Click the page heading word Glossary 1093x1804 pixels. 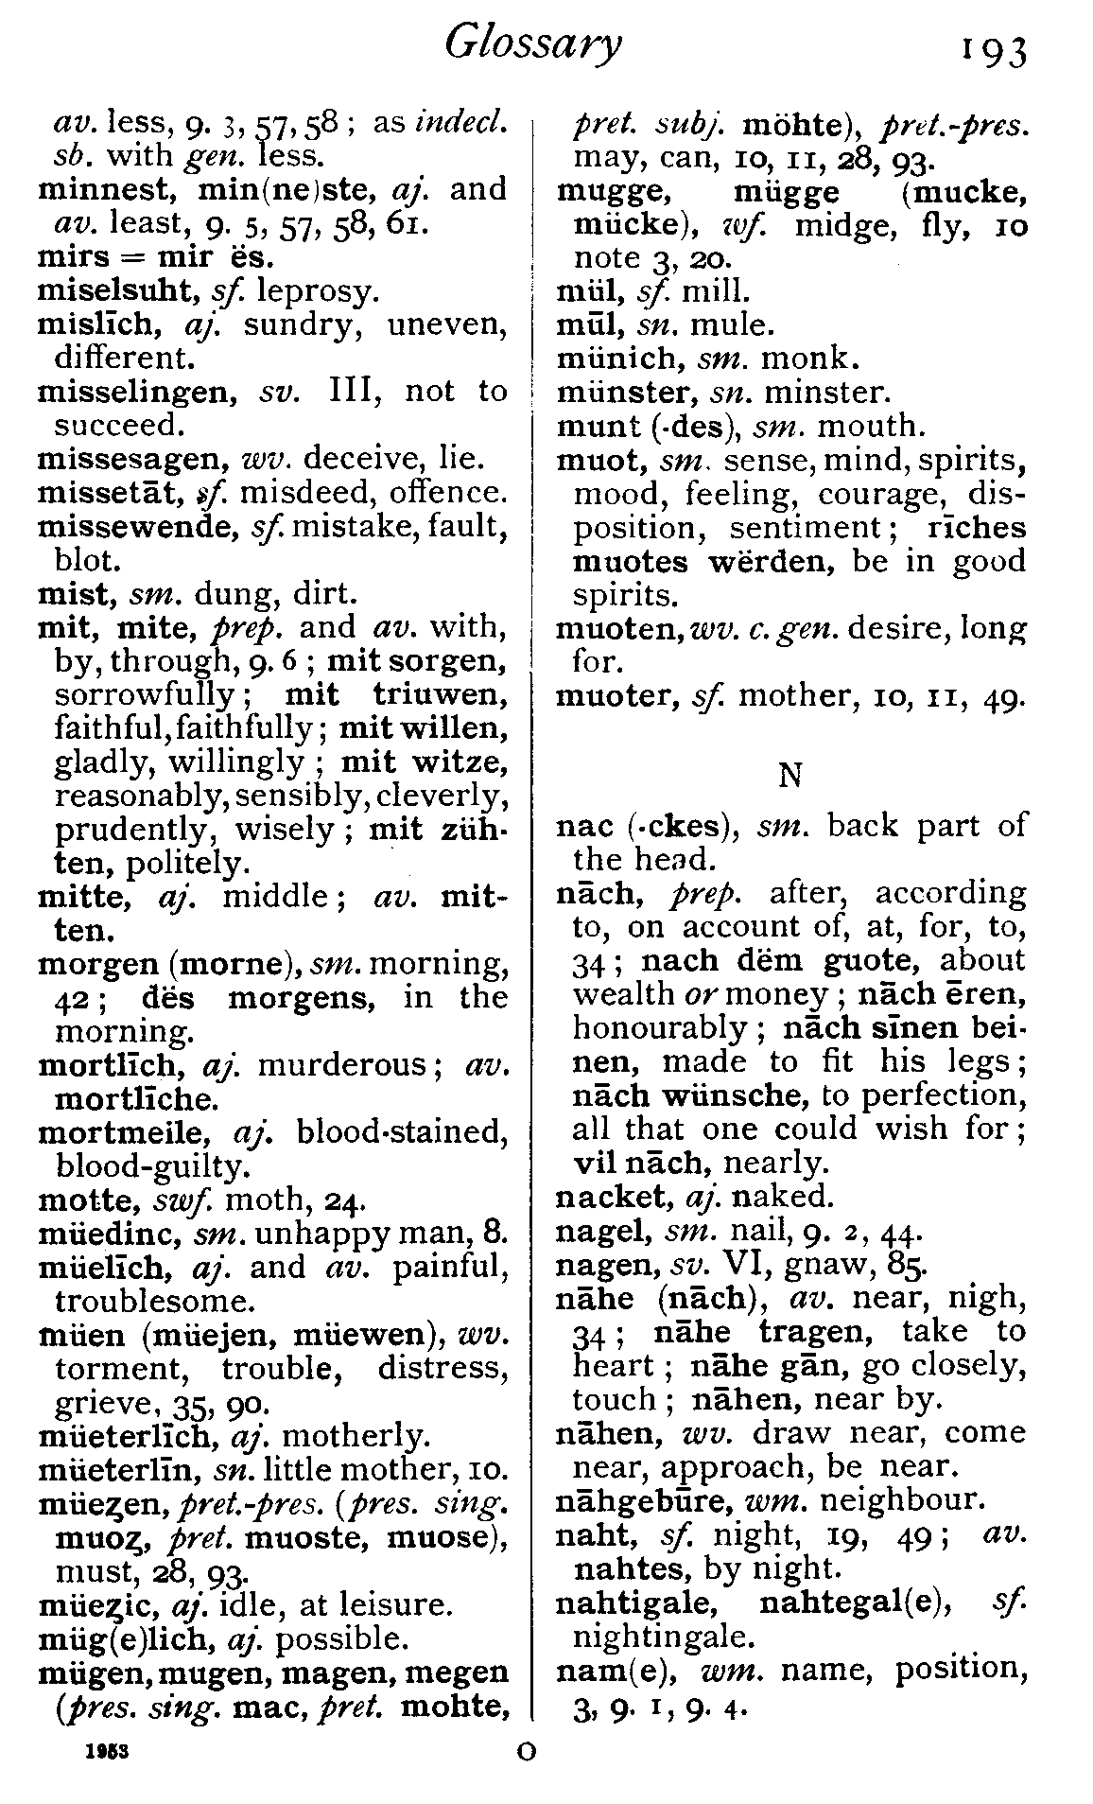pos(533,44)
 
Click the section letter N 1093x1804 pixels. pos(789,776)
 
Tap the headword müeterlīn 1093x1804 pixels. pos(124,1470)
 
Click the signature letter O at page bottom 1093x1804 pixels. pos(527,1751)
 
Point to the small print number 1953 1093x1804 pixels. pos(106,1751)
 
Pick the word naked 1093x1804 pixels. pos(784,1198)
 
